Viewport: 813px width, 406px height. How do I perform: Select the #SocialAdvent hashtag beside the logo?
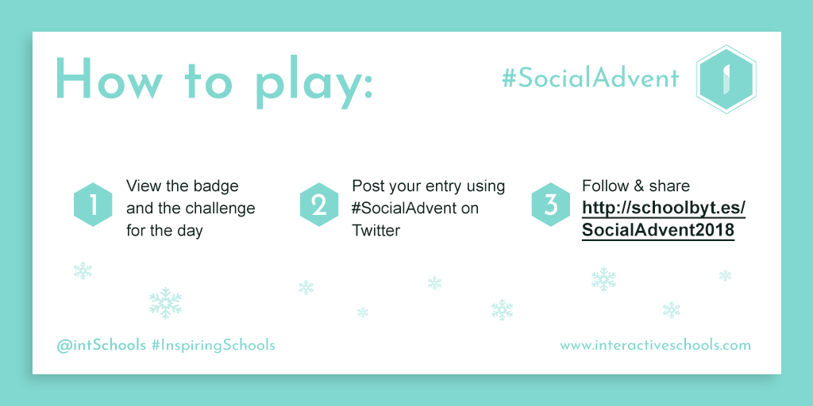pos(591,79)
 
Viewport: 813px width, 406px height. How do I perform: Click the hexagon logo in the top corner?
pos(726,79)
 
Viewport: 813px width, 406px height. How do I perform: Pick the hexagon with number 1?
pos(94,205)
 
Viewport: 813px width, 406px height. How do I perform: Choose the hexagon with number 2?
pos(319,205)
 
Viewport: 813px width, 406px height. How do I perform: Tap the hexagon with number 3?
pos(551,205)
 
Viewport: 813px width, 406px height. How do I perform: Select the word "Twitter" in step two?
pos(376,231)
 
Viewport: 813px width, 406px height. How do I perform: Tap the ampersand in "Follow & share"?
pos(636,186)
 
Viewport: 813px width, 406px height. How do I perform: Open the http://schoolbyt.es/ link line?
pos(664,208)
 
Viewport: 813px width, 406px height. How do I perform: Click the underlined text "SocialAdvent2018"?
pos(658,231)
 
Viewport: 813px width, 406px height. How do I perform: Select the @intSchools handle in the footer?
pos(102,346)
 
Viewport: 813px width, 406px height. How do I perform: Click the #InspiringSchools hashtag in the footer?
pos(213,346)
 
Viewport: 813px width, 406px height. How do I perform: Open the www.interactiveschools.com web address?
pos(655,345)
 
